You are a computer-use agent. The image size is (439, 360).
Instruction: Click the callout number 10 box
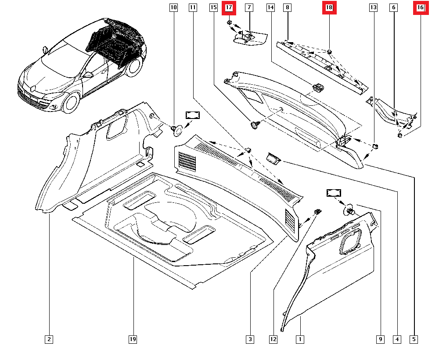tap(174, 7)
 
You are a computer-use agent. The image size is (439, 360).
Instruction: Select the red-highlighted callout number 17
tap(229, 7)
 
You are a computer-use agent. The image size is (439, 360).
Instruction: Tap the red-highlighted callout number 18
tap(329, 7)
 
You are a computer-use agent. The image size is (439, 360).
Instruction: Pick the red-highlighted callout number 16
tap(420, 7)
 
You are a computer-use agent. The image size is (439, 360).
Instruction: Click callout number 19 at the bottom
tap(133, 339)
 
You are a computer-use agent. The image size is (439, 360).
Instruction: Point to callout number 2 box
tap(49, 339)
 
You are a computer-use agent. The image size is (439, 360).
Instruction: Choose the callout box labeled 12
tap(273, 339)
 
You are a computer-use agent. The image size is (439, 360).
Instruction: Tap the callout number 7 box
tap(249, 7)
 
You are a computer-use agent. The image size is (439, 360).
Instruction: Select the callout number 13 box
tap(373, 7)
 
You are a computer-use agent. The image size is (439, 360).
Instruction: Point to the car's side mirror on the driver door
tap(90, 75)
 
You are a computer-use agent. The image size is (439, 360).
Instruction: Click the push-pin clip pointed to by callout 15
tap(254, 126)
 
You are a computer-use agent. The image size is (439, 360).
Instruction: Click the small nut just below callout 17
tap(229, 22)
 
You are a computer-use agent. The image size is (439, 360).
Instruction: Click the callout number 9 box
tap(380, 339)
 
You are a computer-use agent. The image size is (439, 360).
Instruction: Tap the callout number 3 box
tap(249, 339)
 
